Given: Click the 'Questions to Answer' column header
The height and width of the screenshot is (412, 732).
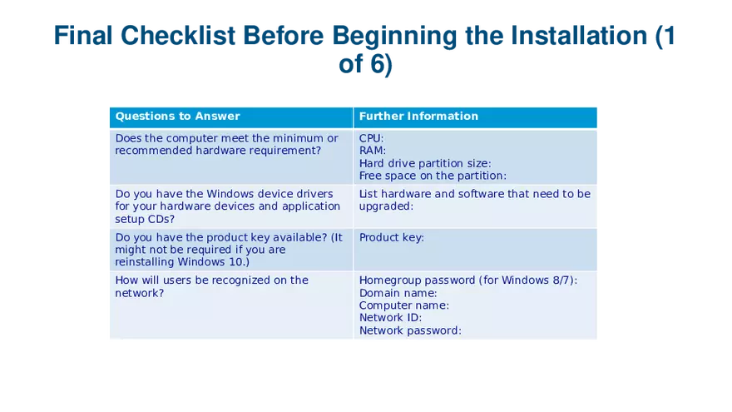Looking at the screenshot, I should point(177,117).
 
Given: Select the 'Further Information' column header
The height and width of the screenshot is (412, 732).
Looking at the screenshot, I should point(418,117).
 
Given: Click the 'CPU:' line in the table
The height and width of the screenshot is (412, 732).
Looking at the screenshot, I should point(371,138).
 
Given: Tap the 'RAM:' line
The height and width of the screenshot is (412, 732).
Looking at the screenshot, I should point(373,151).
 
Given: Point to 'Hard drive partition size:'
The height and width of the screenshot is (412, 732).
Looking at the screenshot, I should point(425,163).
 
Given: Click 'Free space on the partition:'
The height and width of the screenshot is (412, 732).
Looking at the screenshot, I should point(433,176).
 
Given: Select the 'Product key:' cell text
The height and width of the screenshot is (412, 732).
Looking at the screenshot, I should point(392,237).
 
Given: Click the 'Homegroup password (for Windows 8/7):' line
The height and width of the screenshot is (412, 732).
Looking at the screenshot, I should point(468,280).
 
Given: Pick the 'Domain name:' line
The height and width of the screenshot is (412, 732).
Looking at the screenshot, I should point(398,293).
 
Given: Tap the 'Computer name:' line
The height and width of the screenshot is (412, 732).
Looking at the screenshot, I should point(404,305).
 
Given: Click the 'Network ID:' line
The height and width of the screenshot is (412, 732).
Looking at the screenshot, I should point(391,317).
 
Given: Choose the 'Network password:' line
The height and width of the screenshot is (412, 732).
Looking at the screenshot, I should point(410,330).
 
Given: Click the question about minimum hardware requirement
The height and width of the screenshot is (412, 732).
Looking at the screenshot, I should point(226,144).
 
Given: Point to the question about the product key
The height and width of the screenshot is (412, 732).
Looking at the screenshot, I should point(228,249).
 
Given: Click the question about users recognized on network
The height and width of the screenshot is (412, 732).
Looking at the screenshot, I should point(211,286).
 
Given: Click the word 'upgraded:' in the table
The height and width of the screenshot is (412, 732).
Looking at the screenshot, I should point(386,206).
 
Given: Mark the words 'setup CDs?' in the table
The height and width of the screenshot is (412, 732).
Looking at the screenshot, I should point(145,219).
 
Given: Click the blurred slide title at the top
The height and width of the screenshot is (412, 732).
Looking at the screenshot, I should point(366,48).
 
